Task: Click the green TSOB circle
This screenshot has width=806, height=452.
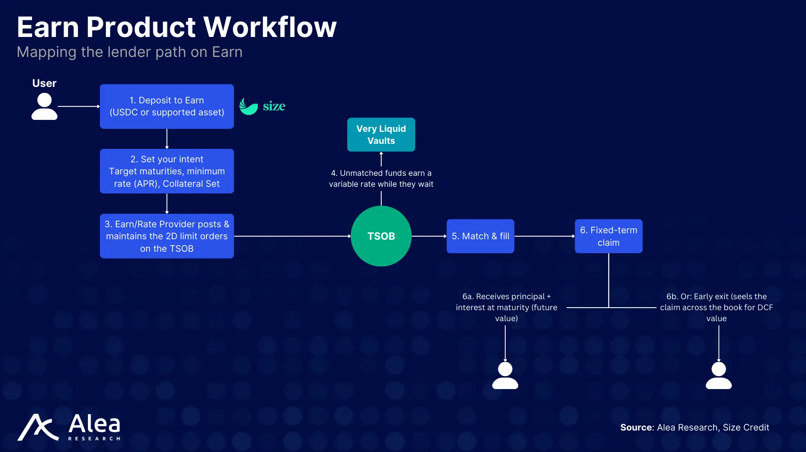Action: [x=381, y=236]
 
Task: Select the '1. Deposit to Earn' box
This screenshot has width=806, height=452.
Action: [x=166, y=106]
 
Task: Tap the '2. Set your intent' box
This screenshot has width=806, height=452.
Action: [x=166, y=171]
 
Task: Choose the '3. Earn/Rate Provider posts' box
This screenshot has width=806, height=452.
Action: [x=166, y=236]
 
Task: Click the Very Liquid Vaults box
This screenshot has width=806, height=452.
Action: [x=381, y=134]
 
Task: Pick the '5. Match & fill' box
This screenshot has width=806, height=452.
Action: [x=480, y=236]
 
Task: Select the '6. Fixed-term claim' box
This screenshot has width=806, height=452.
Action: [x=608, y=236]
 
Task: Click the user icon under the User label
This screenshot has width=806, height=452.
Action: [x=44, y=106]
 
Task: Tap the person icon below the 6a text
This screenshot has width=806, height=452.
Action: [x=505, y=376]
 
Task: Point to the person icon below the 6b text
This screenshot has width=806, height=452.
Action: [x=718, y=376]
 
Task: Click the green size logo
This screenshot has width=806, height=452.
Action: [x=262, y=106]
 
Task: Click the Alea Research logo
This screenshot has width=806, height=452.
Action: [x=69, y=428]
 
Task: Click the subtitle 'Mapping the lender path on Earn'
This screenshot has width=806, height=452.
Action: [x=129, y=52]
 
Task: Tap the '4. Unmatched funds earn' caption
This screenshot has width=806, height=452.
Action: [x=381, y=178]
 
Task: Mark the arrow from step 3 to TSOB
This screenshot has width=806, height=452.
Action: [x=292, y=236]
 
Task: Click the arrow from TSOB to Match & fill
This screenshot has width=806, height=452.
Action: [x=429, y=236]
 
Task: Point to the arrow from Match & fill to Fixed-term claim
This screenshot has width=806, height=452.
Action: [x=544, y=236]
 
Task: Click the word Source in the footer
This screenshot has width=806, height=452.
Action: [x=636, y=428]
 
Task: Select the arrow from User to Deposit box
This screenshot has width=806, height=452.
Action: [x=78, y=106]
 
